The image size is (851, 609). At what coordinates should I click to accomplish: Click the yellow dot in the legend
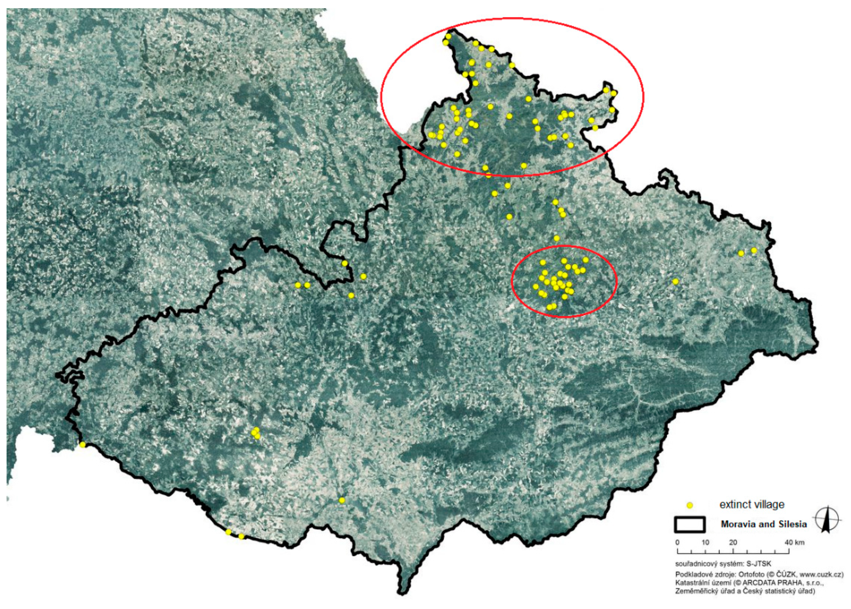(x=689, y=505)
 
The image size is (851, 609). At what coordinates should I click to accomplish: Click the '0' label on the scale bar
(x=677, y=543)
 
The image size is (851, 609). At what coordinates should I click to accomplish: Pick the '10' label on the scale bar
(x=705, y=543)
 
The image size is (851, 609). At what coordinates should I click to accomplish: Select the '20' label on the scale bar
(x=733, y=543)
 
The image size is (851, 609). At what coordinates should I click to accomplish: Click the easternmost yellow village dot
(x=754, y=250)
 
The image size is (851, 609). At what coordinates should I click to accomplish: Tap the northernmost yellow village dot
(x=448, y=36)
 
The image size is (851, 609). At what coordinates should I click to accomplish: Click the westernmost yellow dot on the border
(x=83, y=445)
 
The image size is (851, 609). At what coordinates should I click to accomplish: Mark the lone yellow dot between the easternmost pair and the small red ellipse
(x=675, y=281)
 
